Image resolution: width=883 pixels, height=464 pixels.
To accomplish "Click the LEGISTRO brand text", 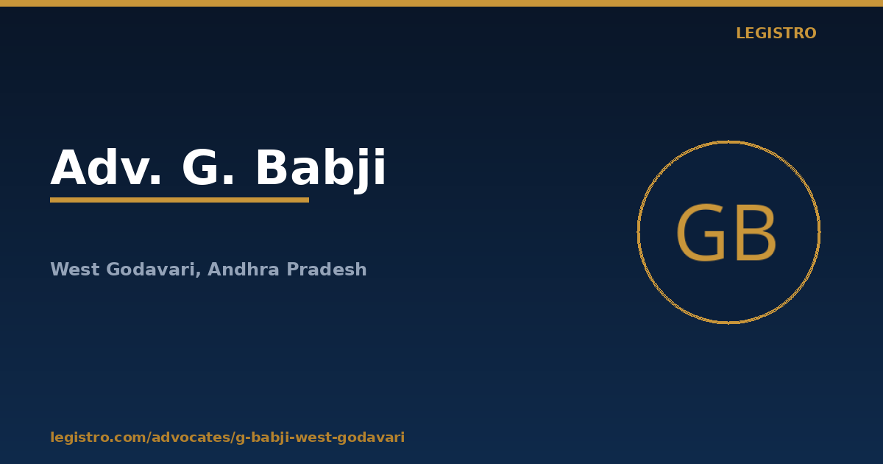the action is click(x=776, y=33).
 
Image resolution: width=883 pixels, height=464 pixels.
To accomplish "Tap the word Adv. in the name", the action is click(x=106, y=167).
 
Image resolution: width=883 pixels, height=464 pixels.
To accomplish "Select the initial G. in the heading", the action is click(x=208, y=167).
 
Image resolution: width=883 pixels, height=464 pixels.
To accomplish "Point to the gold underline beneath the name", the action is click(x=180, y=200).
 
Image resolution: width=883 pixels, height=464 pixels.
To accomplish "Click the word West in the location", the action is click(x=75, y=270).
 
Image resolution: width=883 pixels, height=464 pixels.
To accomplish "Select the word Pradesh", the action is click(x=327, y=269).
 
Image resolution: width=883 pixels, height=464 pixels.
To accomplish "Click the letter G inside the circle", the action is click(x=701, y=233).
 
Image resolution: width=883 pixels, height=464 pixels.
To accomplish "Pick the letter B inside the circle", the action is click(x=756, y=233).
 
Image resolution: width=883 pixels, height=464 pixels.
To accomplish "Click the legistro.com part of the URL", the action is click(x=98, y=437).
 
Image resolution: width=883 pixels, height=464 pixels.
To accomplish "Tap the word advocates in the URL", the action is click(x=191, y=437).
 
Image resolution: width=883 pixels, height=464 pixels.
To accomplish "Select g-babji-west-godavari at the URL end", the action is click(x=320, y=437).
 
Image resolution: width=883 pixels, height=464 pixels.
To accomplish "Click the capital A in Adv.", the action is click(x=69, y=167).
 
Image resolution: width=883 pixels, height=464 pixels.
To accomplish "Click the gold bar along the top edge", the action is click(x=441, y=3).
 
